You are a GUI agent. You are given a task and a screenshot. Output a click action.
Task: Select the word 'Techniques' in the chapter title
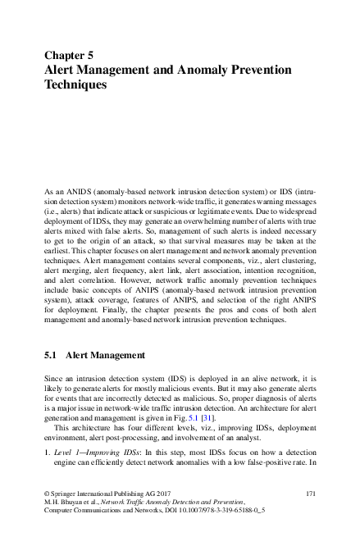point(75,84)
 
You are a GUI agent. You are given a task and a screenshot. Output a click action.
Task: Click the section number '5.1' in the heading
point(50,356)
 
